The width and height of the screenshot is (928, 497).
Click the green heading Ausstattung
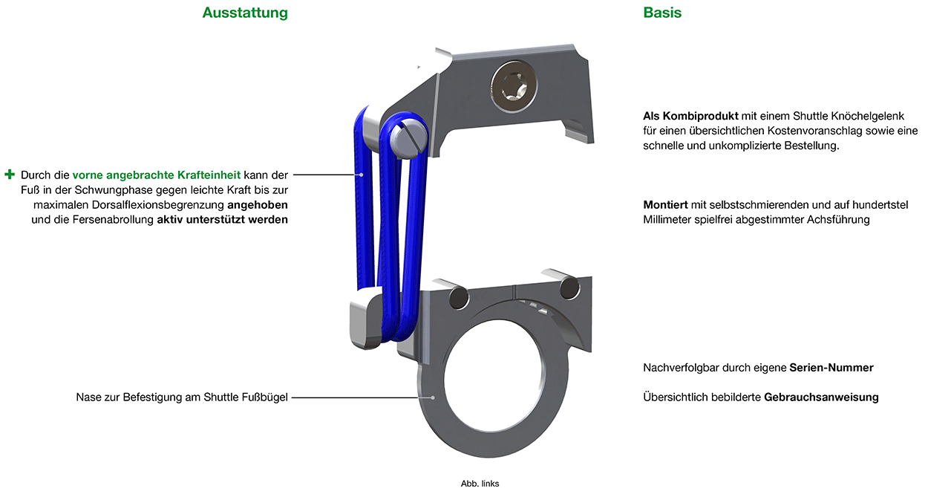pos(245,13)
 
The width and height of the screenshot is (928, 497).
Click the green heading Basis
pos(662,13)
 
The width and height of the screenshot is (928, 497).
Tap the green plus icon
pos(10,175)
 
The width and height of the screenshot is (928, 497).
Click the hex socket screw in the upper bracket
pos(514,87)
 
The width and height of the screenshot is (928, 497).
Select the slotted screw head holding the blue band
pos(409,139)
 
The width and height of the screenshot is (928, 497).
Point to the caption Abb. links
pos(480,484)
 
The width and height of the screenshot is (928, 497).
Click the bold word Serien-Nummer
pos(831,368)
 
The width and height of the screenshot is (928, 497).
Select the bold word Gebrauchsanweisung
pos(821,397)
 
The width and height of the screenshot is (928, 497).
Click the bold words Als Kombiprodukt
pos(690,116)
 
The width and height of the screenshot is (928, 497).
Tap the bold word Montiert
pos(665,205)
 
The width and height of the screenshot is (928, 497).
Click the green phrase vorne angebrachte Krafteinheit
pos(156,175)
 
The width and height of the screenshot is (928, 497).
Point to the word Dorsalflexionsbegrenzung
pos(158,205)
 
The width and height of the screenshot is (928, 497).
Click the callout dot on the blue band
pos(362,175)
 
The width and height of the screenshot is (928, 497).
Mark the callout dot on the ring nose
pos(433,397)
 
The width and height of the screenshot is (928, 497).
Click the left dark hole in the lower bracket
pos(459,299)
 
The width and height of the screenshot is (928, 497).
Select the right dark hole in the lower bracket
pos(569,288)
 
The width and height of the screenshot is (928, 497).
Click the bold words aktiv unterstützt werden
pos(223,219)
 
